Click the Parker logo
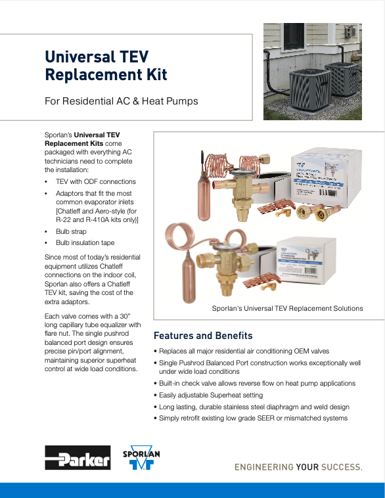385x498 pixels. point(78,457)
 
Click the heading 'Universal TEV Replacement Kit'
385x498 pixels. point(106,65)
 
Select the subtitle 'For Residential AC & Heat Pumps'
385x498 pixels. point(121,101)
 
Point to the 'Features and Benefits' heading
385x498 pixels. point(203,335)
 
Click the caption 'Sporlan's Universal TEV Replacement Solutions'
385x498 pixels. point(287,308)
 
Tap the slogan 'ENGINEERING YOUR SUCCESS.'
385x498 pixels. point(298,467)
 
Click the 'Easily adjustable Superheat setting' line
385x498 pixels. point(211,395)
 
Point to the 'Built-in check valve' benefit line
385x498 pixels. point(257,383)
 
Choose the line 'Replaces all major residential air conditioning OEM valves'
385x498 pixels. point(244,351)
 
